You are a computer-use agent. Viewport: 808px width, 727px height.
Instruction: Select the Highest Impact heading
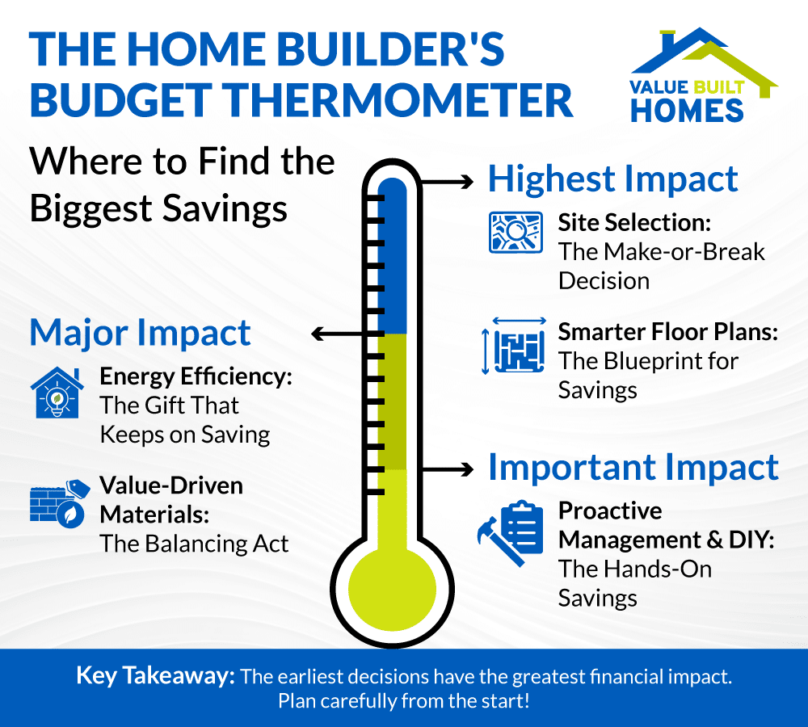613,179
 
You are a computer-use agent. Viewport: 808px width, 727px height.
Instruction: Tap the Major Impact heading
141,333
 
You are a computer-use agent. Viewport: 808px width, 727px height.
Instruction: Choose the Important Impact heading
633,468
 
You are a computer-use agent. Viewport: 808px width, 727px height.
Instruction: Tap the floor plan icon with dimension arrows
514,346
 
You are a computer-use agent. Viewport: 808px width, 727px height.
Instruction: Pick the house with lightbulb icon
56,391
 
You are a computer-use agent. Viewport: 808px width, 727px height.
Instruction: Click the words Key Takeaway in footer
154,676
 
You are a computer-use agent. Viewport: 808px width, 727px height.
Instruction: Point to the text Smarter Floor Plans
667,332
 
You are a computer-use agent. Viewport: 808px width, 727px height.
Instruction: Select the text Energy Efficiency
195,376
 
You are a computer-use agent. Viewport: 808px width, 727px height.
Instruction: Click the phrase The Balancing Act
194,544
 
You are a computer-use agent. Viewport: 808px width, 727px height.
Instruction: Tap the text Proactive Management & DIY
666,525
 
